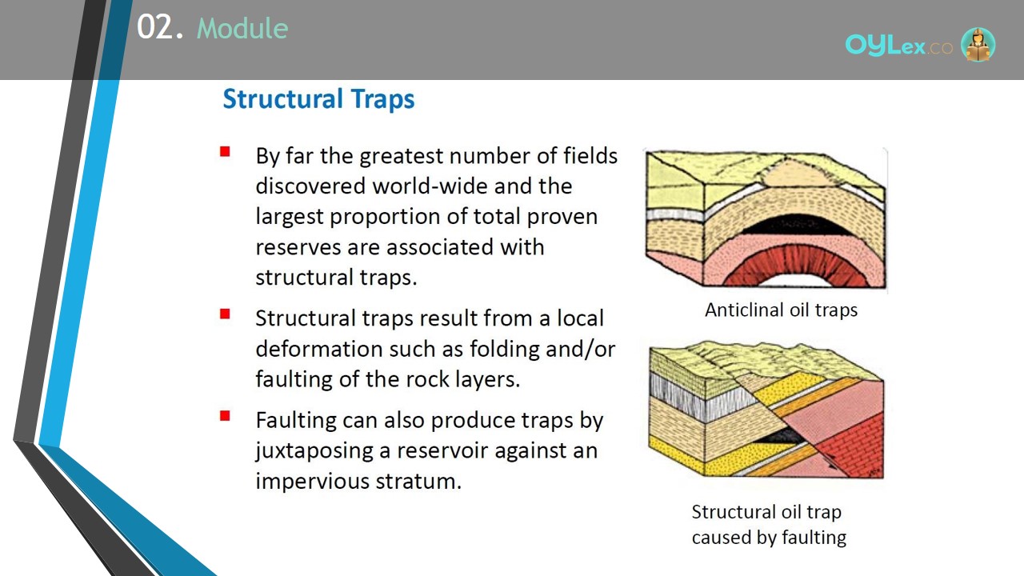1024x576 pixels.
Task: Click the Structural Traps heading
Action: point(318,99)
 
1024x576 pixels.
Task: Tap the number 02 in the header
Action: point(154,27)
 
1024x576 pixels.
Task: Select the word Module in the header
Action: point(242,29)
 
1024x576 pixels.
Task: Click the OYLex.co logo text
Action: point(898,46)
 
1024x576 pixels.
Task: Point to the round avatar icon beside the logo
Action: point(978,44)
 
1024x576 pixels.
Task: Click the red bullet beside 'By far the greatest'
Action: point(225,151)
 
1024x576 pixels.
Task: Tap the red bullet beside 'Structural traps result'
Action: point(225,314)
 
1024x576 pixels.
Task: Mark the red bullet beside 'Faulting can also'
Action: point(225,415)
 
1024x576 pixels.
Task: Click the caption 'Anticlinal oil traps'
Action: point(781,310)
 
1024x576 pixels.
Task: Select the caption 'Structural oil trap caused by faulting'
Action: point(769,524)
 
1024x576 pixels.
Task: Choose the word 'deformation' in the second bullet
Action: point(319,350)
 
